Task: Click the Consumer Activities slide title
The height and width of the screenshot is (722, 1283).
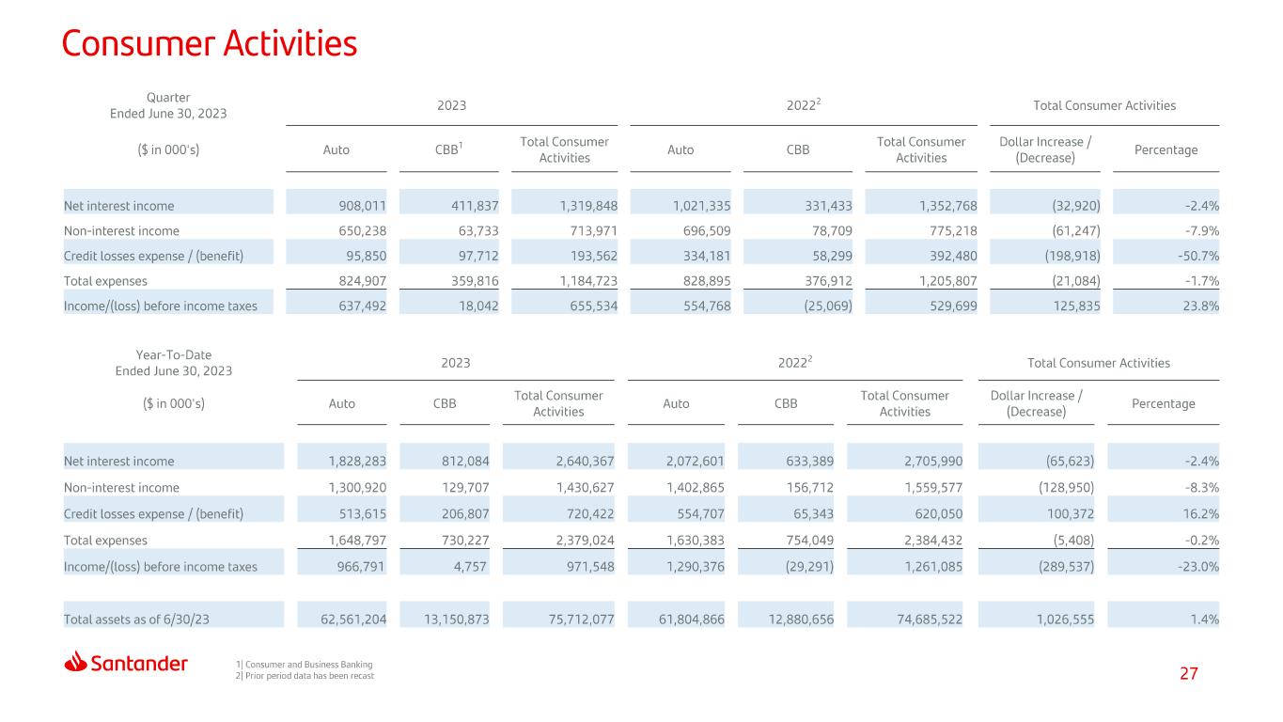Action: click(x=209, y=43)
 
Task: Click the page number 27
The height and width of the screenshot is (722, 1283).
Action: click(x=1188, y=673)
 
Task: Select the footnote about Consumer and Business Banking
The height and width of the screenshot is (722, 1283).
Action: click(x=305, y=664)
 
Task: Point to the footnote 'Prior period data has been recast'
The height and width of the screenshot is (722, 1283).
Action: click(x=305, y=676)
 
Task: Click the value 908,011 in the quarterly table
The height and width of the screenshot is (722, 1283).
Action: click(x=362, y=206)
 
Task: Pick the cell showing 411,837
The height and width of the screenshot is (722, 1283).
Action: click(x=475, y=206)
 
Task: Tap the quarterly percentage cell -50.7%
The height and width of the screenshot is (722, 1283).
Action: click(x=1198, y=256)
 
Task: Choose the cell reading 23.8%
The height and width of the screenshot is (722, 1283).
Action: click(x=1201, y=306)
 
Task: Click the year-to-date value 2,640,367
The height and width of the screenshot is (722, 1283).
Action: click(x=585, y=462)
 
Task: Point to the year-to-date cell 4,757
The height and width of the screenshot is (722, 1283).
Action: click(x=470, y=567)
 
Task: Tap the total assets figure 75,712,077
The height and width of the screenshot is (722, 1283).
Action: click(x=581, y=620)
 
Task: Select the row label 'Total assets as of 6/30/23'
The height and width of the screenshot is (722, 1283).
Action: click(x=136, y=620)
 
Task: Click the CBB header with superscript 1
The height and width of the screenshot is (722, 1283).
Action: click(x=448, y=149)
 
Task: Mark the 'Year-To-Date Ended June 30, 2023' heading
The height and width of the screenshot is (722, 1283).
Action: click(x=174, y=363)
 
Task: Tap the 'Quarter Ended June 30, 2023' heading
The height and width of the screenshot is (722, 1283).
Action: click(x=168, y=105)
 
